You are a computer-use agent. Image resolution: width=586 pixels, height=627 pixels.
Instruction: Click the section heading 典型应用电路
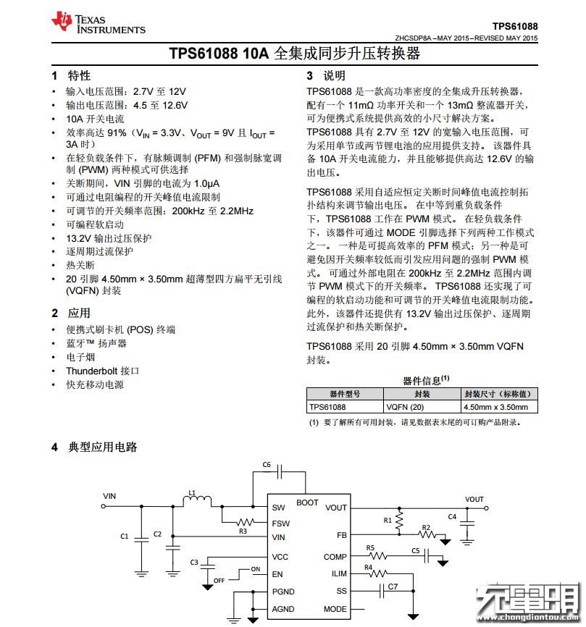[x=103, y=447]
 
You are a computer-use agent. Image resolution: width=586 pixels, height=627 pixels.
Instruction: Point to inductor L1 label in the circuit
[x=192, y=493]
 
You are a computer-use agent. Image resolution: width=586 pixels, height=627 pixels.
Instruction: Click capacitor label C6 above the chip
[x=267, y=465]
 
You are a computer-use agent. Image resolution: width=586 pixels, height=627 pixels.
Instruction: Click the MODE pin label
[x=335, y=609]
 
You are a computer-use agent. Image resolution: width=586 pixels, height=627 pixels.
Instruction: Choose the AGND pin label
[x=283, y=609]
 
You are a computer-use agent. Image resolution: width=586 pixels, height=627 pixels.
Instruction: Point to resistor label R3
[x=243, y=531]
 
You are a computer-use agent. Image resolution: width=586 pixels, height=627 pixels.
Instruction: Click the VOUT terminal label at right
[x=474, y=500]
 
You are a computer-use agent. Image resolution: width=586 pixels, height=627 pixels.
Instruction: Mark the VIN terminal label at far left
[x=109, y=496]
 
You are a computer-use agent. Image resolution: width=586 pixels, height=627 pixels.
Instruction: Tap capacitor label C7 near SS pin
[x=393, y=586]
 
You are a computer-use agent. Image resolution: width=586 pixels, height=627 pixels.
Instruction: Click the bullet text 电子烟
[x=80, y=357]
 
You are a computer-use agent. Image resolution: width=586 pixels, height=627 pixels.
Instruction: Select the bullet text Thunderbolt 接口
[x=102, y=371]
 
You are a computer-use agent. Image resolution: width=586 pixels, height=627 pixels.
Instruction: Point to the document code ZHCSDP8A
[x=415, y=38]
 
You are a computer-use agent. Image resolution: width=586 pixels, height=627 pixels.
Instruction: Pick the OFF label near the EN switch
[x=219, y=580]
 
